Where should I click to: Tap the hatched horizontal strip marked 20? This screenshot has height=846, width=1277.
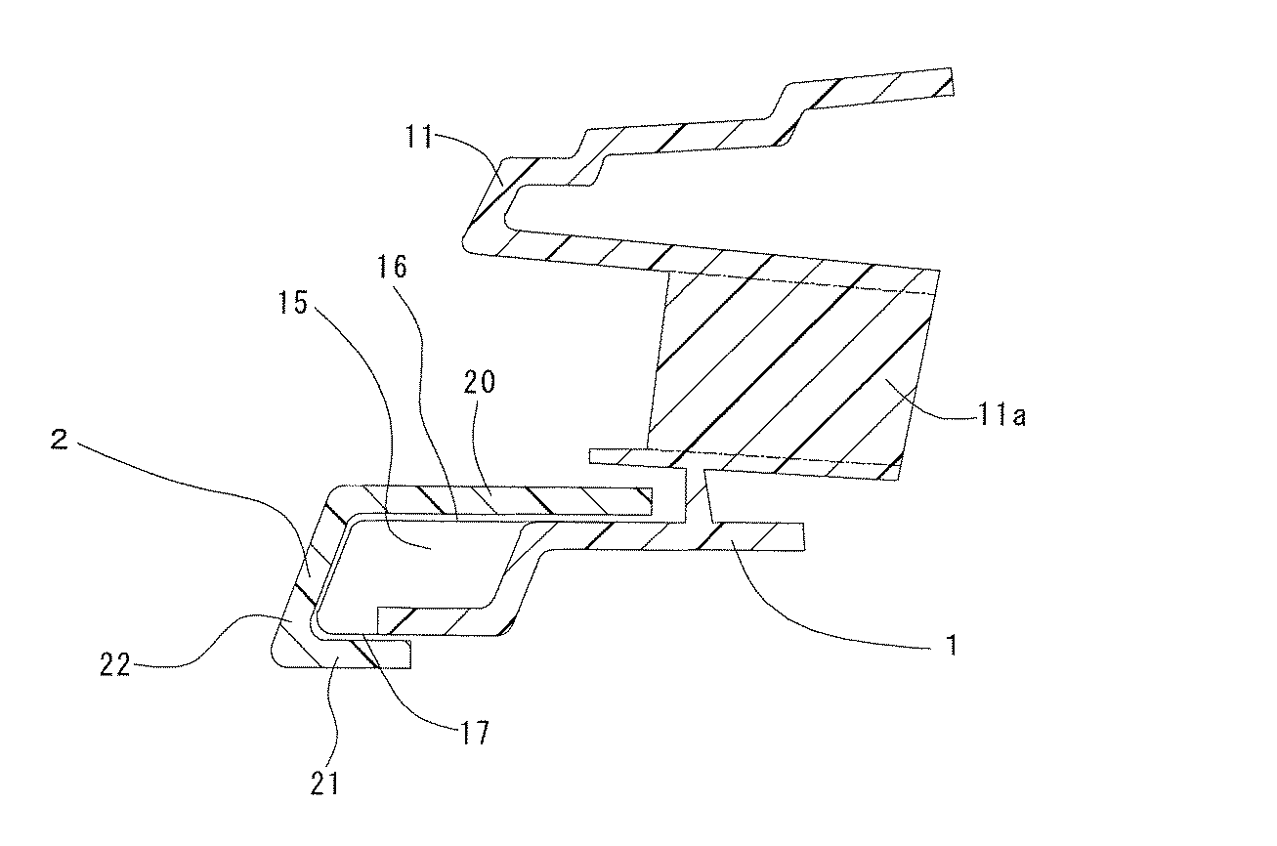tap(508, 500)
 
